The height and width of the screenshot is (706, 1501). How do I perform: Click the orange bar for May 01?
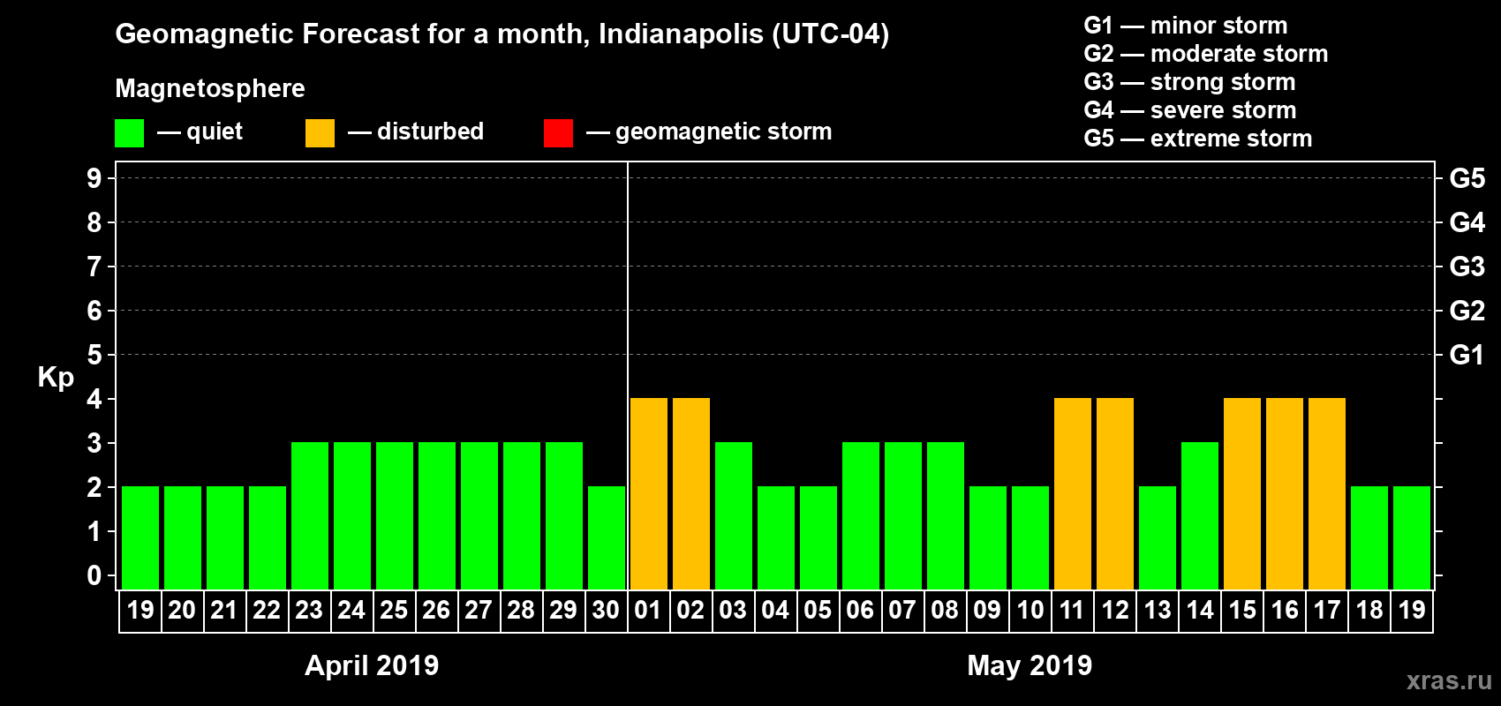tap(648, 493)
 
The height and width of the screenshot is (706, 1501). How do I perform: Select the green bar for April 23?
tap(309, 515)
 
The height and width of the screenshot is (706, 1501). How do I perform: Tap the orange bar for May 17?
tap(1326, 493)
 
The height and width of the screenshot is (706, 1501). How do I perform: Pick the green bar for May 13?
tap(1157, 537)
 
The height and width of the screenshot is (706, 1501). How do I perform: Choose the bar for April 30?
tap(606, 537)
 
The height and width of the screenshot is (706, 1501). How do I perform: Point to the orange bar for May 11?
tap(1072, 493)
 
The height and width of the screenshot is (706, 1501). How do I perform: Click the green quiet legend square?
tap(129, 133)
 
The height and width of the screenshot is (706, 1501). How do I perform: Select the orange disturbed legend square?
tap(320, 133)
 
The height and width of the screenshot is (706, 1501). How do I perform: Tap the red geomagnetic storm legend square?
tap(558, 133)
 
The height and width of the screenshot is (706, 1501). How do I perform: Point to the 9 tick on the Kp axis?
tap(94, 178)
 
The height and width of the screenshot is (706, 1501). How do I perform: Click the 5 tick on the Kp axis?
tap(94, 355)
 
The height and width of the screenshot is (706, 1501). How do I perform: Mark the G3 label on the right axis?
tap(1467, 267)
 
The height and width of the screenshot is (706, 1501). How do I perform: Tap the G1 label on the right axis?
tap(1467, 355)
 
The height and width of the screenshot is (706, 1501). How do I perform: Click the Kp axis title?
tap(56, 378)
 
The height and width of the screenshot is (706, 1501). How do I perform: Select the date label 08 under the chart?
tap(945, 610)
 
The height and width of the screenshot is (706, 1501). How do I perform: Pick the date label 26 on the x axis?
tap(436, 610)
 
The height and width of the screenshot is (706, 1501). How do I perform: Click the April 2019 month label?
tap(372, 665)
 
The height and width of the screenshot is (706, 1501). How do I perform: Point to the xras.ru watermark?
tap(1449, 680)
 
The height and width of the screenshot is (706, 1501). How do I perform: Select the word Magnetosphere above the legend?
tap(210, 88)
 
